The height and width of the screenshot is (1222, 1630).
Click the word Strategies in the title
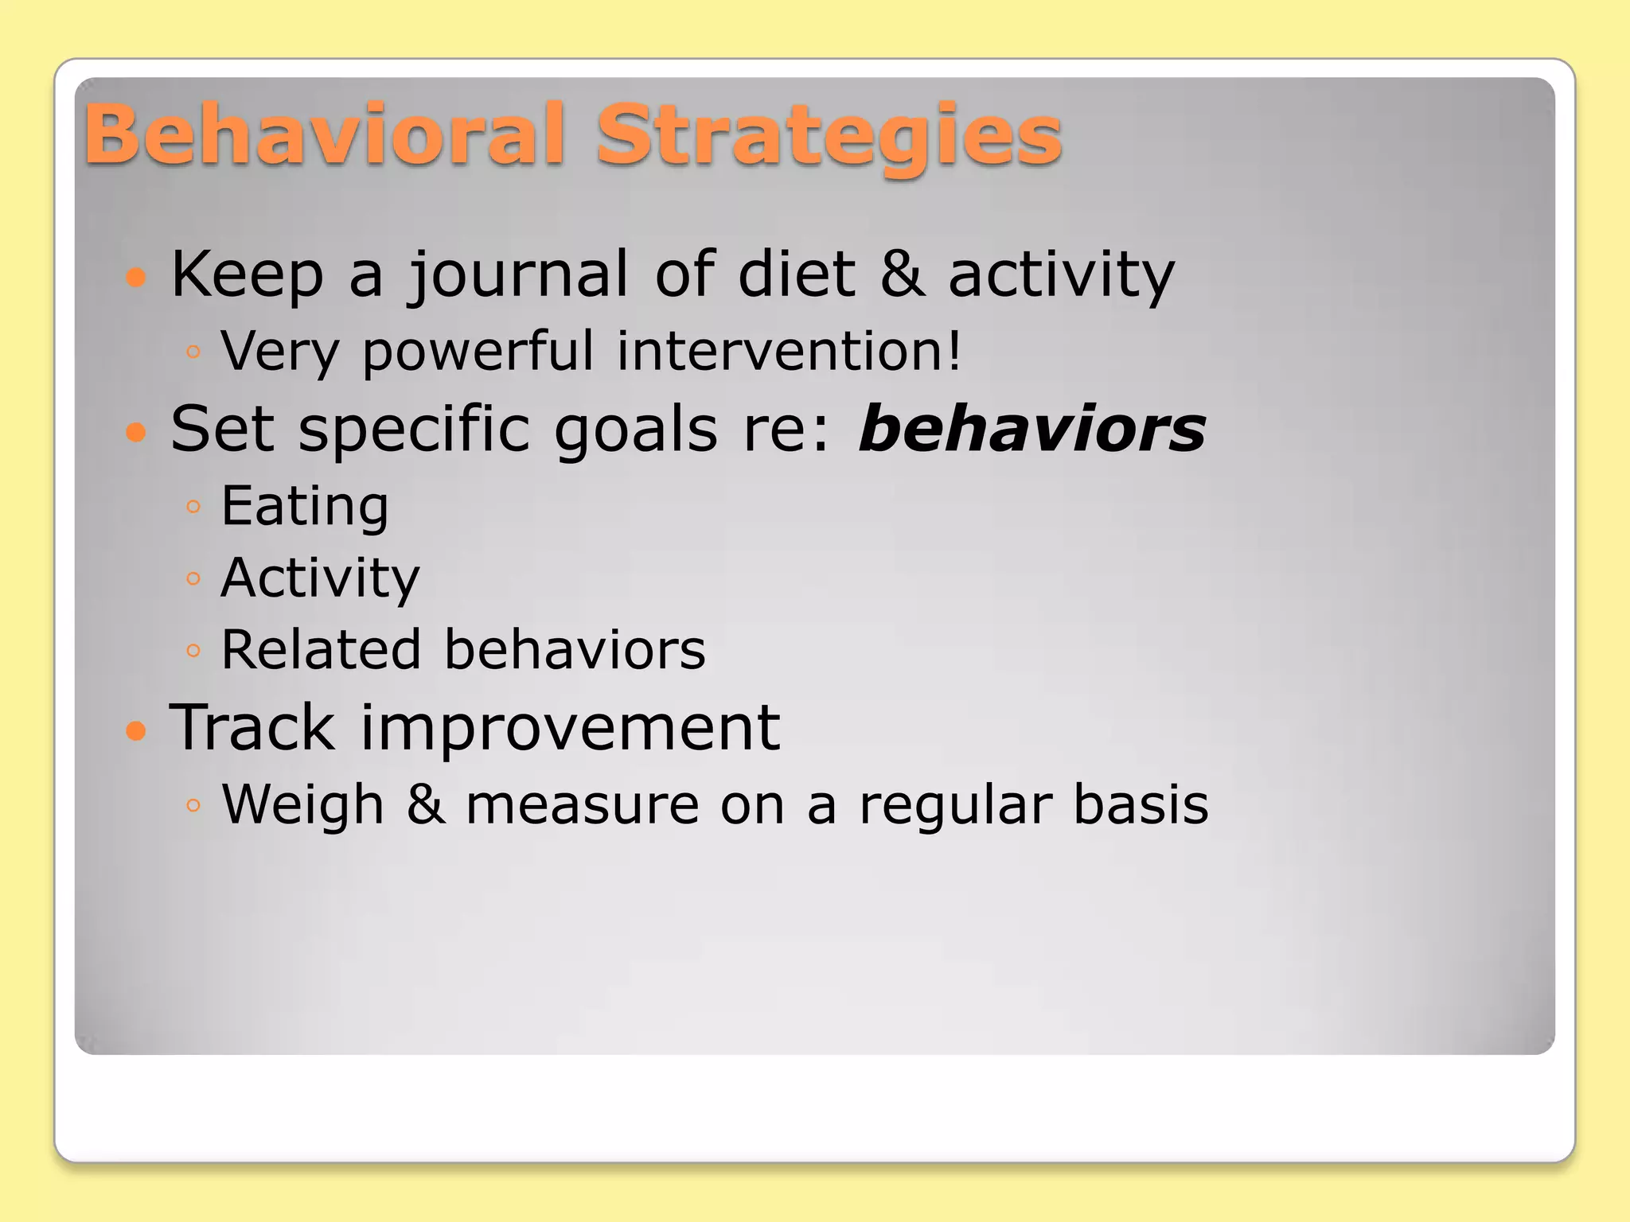(829, 137)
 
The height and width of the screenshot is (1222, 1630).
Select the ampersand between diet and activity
(902, 274)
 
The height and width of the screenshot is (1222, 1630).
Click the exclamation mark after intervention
(953, 350)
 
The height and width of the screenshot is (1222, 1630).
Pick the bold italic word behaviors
(1032, 430)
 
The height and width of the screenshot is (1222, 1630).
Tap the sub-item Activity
(320, 578)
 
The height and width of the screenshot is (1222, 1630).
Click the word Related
(320, 650)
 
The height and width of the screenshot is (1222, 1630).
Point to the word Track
(252, 727)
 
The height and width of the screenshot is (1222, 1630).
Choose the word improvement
(570, 729)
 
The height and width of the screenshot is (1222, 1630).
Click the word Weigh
(302, 805)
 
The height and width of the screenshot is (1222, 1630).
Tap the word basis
(1141, 804)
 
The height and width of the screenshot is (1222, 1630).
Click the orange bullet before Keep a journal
(137, 277)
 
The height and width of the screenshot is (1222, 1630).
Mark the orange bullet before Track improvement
(137, 730)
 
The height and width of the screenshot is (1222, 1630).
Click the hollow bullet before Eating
(193, 506)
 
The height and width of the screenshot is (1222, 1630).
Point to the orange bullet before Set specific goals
(137, 432)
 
